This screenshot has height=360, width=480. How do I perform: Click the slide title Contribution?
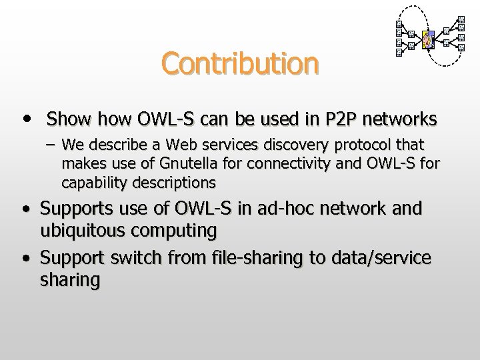click(x=239, y=64)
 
